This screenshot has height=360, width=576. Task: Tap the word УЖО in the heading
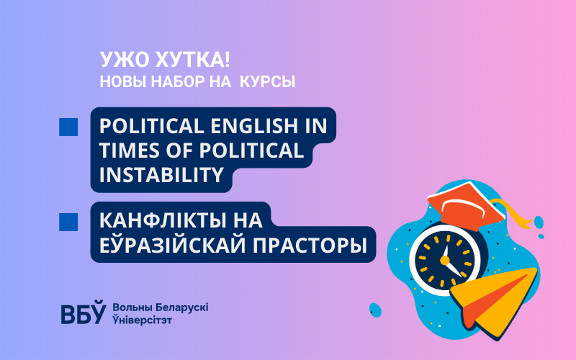click(124, 60)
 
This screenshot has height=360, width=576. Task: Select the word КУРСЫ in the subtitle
click(267, 81)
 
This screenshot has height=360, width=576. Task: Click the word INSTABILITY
click(161, 174)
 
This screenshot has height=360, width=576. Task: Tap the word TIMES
click(130, 150)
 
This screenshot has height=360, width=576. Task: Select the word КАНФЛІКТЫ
click(158, 220)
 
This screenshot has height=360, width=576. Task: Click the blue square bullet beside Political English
click(68, 127)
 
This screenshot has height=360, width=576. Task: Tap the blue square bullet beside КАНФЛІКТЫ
click(68, 222)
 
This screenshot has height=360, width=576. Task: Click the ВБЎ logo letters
click(83, 312)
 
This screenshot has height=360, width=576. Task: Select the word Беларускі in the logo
click(182, 307)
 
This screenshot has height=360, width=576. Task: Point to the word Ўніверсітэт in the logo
click(142, 320)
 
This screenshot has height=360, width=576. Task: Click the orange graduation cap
click(466, 206)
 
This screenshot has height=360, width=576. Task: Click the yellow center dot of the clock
click(444, 261)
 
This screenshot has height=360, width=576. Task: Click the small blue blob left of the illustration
click(375, 310)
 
